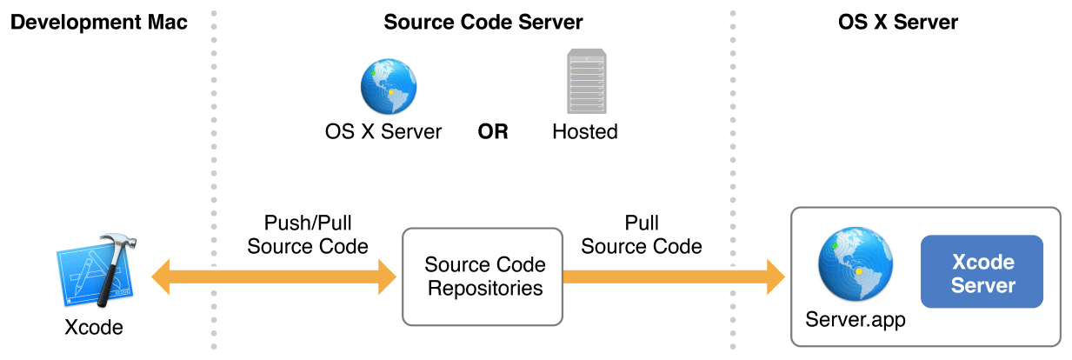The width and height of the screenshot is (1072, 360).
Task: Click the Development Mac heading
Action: (98, 23)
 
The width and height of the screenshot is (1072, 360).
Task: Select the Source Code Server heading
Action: (483, 23)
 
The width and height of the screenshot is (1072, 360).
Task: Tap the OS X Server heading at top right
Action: (897, 23)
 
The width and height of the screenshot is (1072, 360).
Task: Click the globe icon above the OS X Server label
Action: (384, 85)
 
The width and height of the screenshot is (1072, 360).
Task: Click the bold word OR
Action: (492, 132)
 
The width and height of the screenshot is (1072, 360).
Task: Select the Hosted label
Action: (584, 132)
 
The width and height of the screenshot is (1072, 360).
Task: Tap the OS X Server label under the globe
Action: (383, 132)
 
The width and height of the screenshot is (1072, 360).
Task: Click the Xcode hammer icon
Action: (93, 270)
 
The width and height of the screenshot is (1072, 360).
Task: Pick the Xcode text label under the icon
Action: (94, 328)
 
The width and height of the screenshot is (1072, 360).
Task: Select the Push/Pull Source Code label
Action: (307, 235)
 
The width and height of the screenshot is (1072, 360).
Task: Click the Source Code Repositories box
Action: (483, 277)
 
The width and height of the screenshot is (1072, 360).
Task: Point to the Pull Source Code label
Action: (641, 235)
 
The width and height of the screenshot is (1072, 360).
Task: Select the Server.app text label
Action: (856, 320)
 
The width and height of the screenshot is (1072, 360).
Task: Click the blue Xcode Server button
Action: (982, 272)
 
